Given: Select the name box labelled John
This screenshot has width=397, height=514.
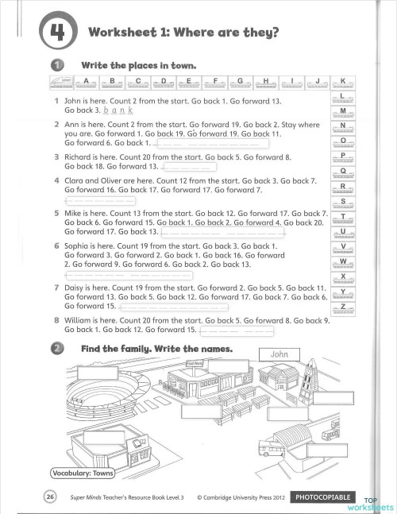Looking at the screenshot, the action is pos(278,353).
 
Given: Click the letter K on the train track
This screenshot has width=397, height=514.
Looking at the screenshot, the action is pos(342,81).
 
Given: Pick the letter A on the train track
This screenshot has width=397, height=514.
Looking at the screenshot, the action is pos(87,81).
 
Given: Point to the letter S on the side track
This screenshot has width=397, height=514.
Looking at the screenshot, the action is pos(342,201).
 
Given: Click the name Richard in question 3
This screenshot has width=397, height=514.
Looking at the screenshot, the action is pos(79,157).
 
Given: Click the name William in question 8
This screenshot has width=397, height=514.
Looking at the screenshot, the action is pos(81,320).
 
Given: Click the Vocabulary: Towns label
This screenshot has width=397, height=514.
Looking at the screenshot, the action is pos(83,474).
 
